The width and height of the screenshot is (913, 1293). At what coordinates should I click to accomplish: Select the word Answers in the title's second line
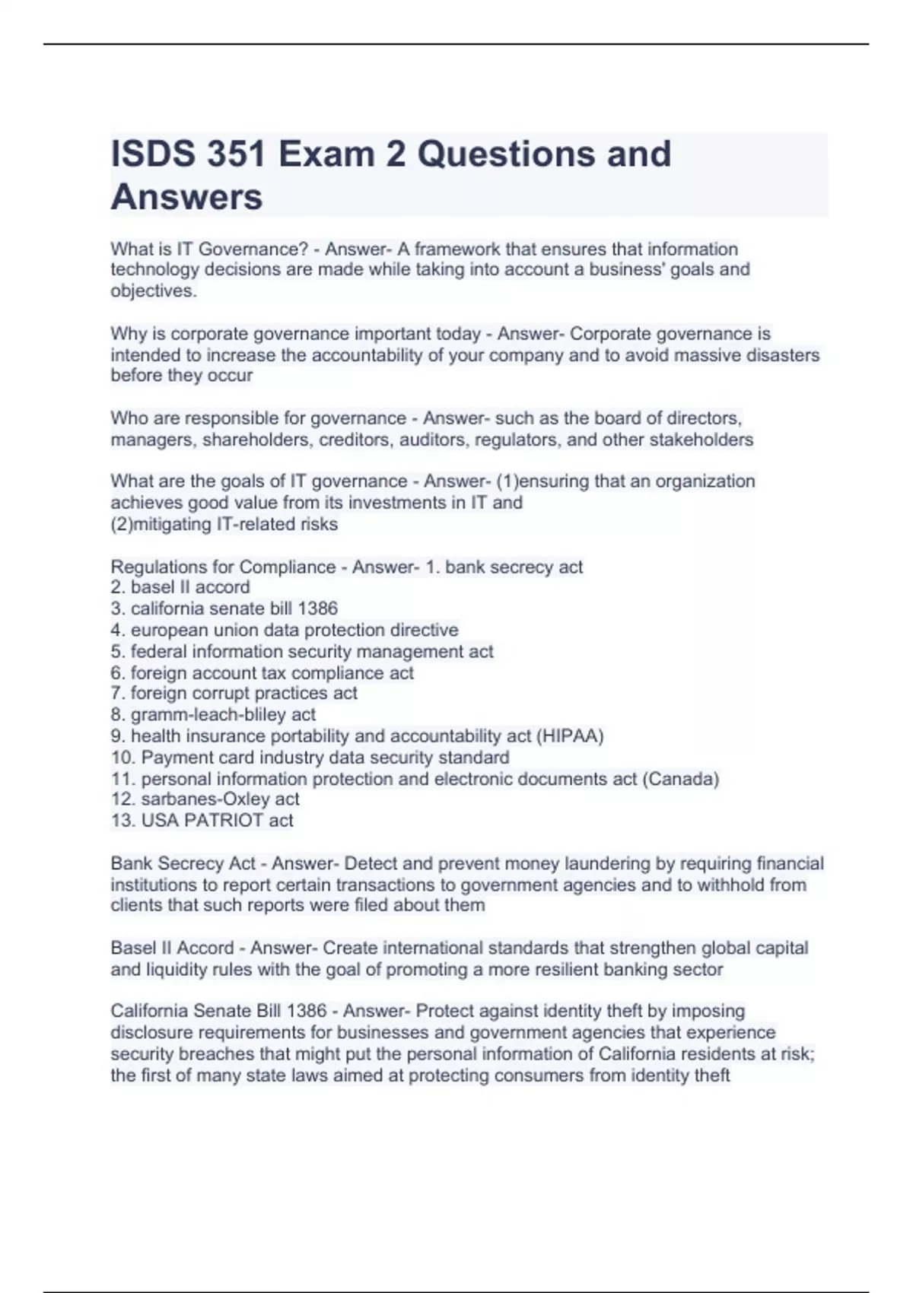(186, 197)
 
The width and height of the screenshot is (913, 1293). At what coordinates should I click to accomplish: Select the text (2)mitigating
(161, 524)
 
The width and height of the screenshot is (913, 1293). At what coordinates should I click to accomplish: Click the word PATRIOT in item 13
(224, 821)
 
